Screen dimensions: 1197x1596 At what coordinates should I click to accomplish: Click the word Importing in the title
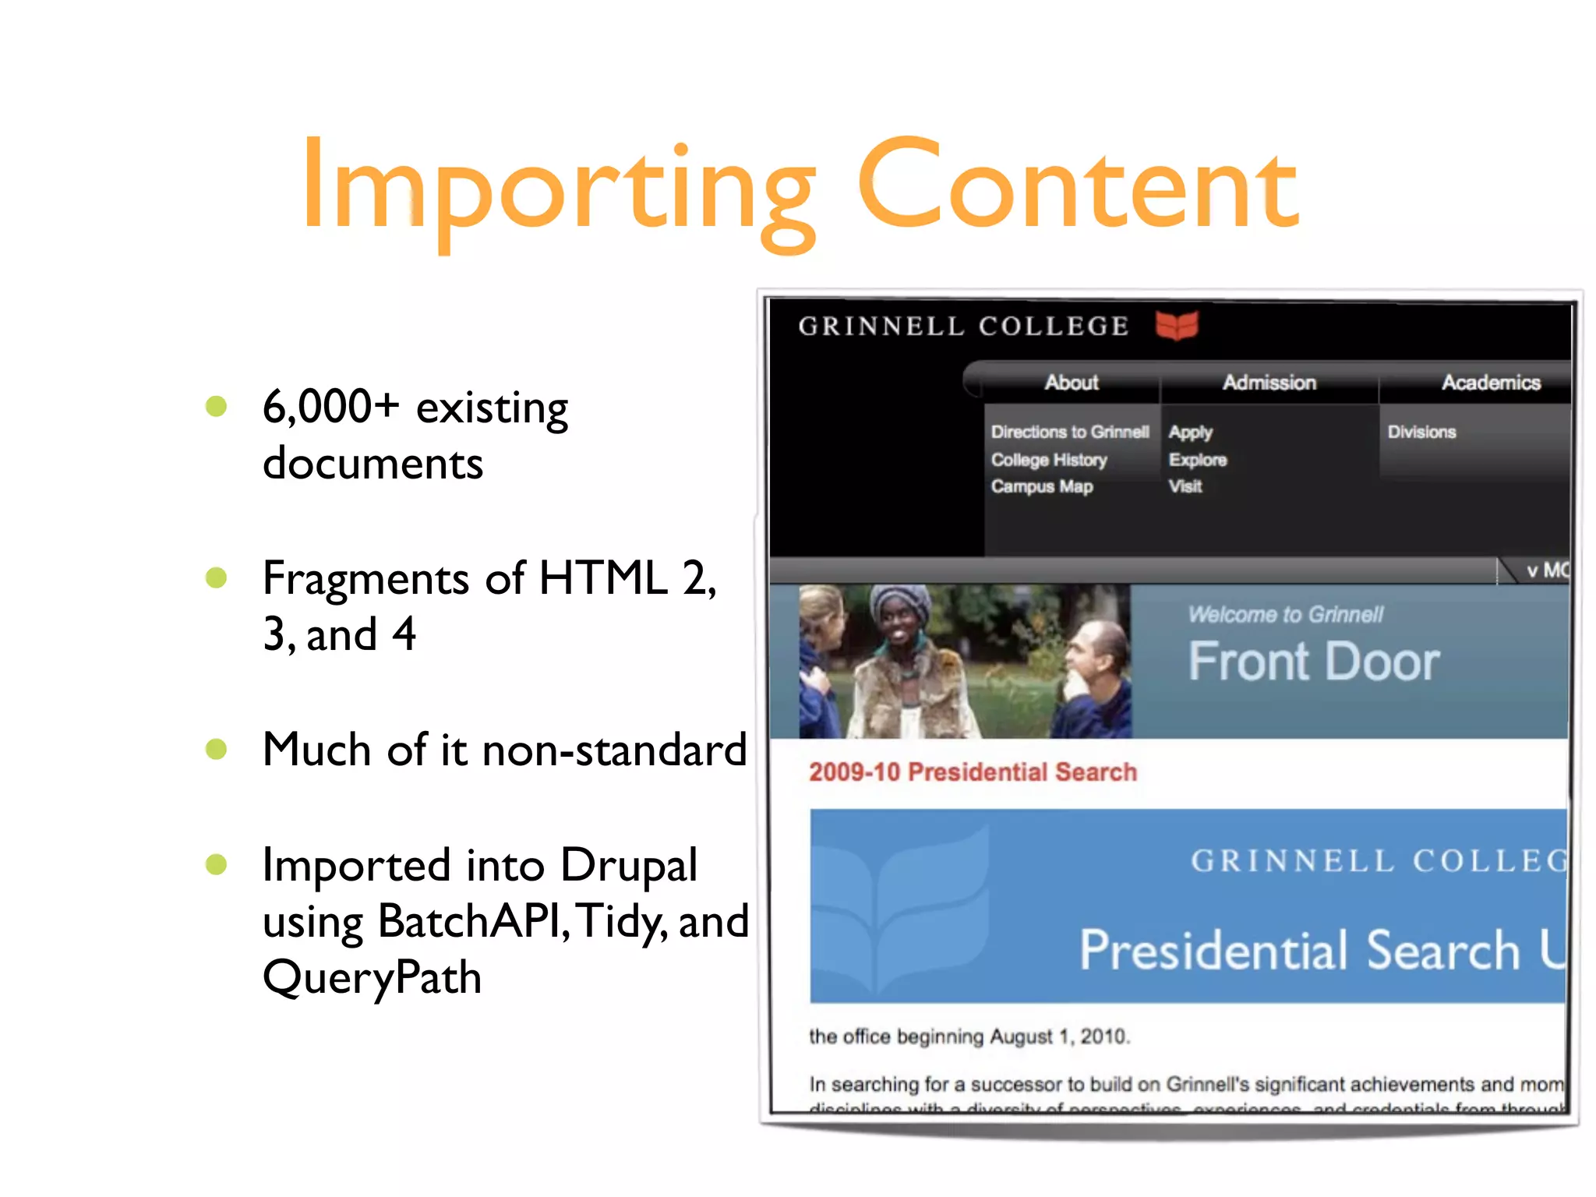pos(558,187)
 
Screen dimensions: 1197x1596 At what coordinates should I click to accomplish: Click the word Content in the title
pos(1079,187)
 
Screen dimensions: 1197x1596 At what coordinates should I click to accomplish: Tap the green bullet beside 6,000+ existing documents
pos(216,406)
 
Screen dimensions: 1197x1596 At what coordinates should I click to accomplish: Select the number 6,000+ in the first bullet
pos(330,407)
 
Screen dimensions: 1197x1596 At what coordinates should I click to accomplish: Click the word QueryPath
pos(372,977)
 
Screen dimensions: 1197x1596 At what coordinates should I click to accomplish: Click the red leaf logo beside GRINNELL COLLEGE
pos(1177,325)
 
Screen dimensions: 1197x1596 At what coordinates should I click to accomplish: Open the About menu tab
pos(1072,383)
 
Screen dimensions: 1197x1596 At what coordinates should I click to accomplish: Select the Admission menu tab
pos(1269,383)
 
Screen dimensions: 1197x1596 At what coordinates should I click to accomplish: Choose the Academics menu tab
pos(1490,383)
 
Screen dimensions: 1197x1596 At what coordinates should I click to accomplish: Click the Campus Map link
pos(1042,486)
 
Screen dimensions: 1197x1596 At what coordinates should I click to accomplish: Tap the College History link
pos(1049,460)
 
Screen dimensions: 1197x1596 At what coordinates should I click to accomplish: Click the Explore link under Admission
pos(1197,460)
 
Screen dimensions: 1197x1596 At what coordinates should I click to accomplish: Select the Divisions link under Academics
pos(1421,432)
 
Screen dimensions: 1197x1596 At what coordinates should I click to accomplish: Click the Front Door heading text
pos(1314,662)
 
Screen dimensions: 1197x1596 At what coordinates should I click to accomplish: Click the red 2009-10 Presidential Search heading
pos(973,772)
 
